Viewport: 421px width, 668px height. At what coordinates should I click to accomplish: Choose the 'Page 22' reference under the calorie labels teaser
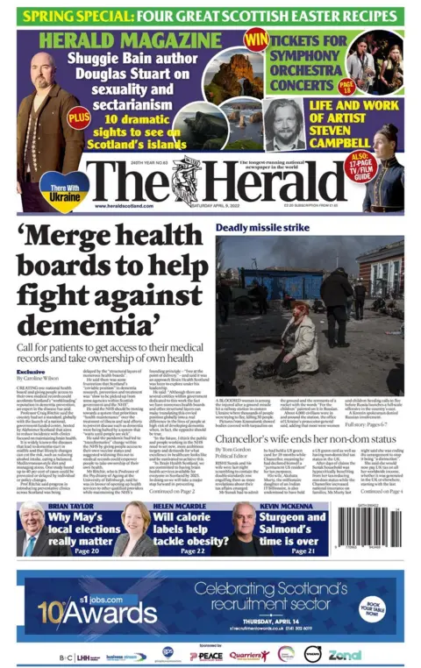(x=172, y=550)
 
